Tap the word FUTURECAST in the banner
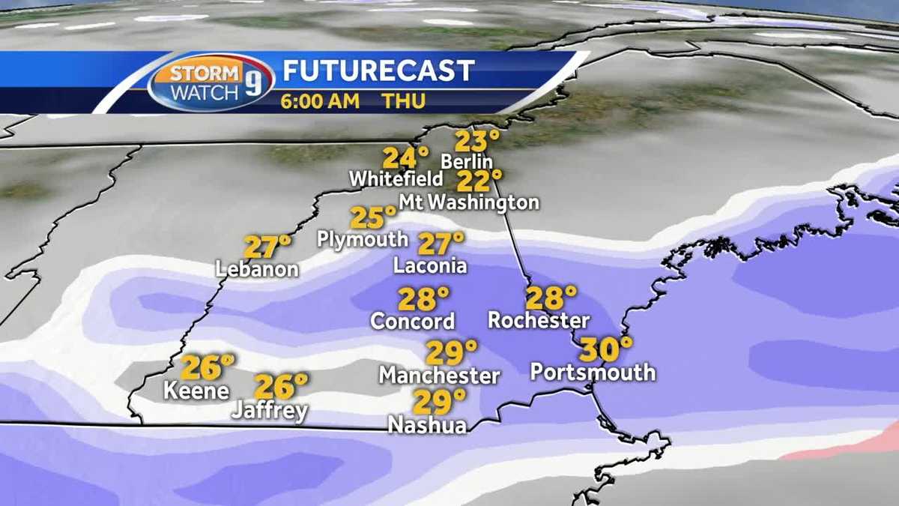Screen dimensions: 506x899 pyautogui.click(x=378, y=70)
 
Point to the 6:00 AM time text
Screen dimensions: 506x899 pyautogui.click(x=320, y=100)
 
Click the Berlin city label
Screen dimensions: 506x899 pyautogui.click(x=467, y=161)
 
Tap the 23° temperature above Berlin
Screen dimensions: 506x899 pyautogui.click(x=477, y=141)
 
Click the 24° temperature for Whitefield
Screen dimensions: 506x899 pyautogui.click(x=405, y=158)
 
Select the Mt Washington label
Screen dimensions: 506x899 pyautogui.click(x=468, y=202)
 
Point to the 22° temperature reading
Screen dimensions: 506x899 pyautogui.click(x=479, y=181)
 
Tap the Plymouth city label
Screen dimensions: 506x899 pyautogui.click(x=363, y=239)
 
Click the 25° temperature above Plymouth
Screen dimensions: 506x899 pyautogui.click(x=373, y=218)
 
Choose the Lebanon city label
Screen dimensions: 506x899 pyautogui.click(x=257, y=269)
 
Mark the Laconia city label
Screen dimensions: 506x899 pyautogui.click(x=430, y=265)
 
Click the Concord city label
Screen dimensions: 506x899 pyautogui.click(x=413, y=321)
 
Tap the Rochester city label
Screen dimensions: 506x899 pyautogui.click(x=538, y=320)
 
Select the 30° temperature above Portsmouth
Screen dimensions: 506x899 pyautogui.click(x=605, y=349)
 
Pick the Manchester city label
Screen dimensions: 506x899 pyautogui.click(x=439, y=374)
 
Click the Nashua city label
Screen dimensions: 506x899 pyautogui.click(x=427, y=424)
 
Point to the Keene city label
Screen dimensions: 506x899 pyautogui.click(x=196, y=391)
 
